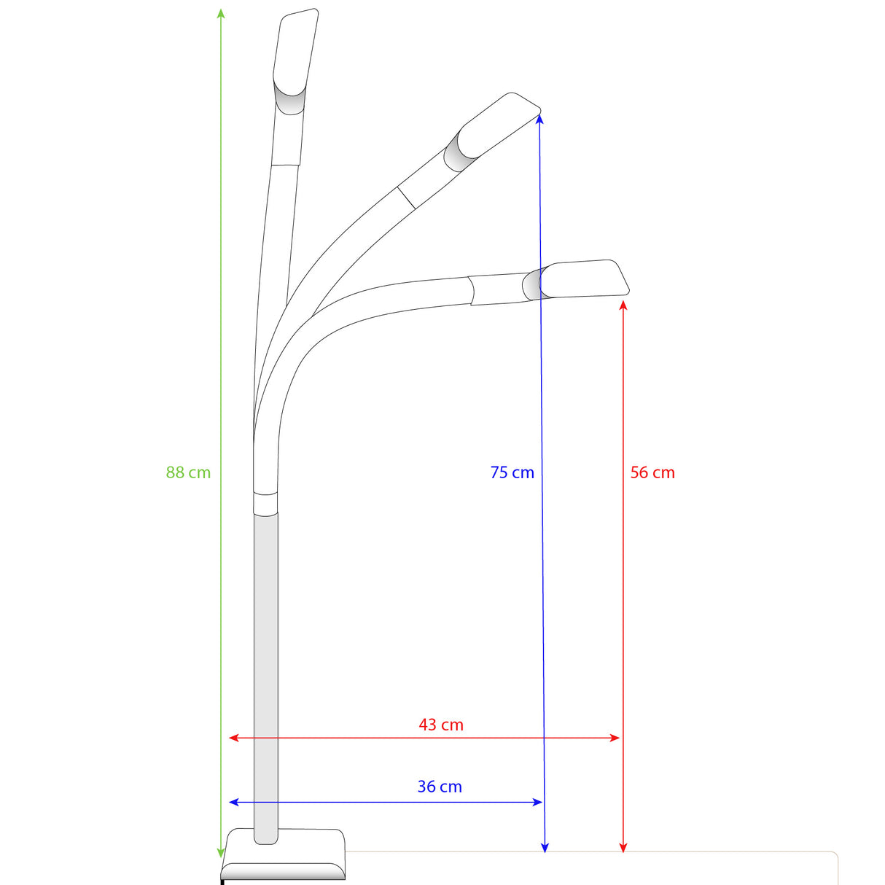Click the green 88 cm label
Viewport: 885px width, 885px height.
(188, 472)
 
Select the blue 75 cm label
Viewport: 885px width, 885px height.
(512, 472)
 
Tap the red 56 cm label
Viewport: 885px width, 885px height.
(652, 472)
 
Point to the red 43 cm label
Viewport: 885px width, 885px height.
(441, 725)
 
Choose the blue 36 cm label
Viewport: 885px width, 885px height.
(440, 787)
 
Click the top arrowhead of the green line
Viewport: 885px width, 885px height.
(221, 13)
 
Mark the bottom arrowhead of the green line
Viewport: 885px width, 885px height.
(221, 852)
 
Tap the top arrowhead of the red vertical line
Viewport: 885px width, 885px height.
(623, 304)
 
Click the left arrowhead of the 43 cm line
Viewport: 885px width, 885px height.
(234, 738)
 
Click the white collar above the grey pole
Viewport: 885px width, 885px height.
(265, 503)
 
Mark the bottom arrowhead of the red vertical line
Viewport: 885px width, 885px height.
(623, 847)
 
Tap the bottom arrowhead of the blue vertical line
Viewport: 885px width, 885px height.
(545, 847)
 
